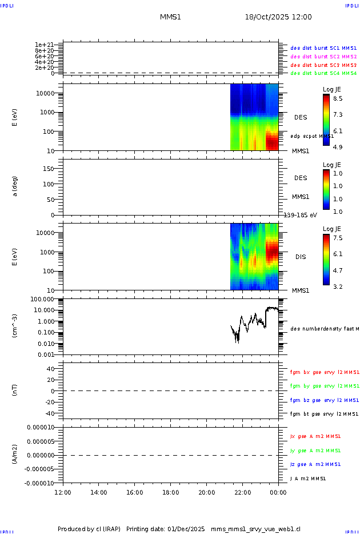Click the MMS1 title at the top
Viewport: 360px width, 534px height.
170,17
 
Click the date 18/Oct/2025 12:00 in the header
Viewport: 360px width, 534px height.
278,17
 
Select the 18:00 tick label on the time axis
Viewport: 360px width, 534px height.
170,492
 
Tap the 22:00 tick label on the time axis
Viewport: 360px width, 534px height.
242,492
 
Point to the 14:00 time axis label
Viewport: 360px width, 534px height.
98,492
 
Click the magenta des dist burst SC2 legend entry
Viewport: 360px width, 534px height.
323,57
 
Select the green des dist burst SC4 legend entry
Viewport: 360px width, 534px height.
323,73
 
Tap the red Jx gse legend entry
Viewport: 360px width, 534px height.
315,436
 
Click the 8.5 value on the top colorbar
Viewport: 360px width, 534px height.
338,98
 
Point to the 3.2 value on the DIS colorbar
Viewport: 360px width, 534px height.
338,286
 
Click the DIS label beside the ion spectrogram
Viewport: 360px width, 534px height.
301,257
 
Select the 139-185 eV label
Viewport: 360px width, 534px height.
297,215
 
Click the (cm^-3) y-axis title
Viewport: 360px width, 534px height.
15,327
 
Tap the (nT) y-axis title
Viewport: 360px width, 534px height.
15,391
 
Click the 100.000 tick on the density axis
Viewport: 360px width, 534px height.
42,299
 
